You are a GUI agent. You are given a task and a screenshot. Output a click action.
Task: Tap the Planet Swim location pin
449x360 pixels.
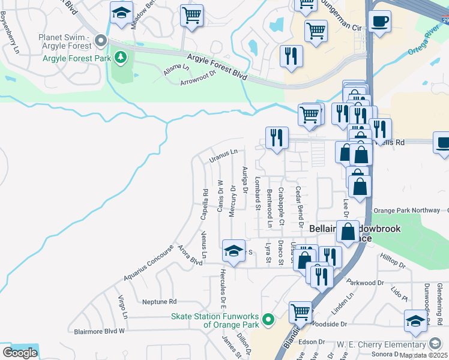tap(101, 41)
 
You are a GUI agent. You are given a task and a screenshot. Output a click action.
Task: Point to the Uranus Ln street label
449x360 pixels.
tap(224, 155)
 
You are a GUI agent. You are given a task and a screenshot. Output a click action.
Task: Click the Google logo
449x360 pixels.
tap(19, 352)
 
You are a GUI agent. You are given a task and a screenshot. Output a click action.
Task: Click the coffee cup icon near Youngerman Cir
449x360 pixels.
tap(379, 23)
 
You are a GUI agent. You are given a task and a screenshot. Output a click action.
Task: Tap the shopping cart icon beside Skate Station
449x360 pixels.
tap(300, 312)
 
